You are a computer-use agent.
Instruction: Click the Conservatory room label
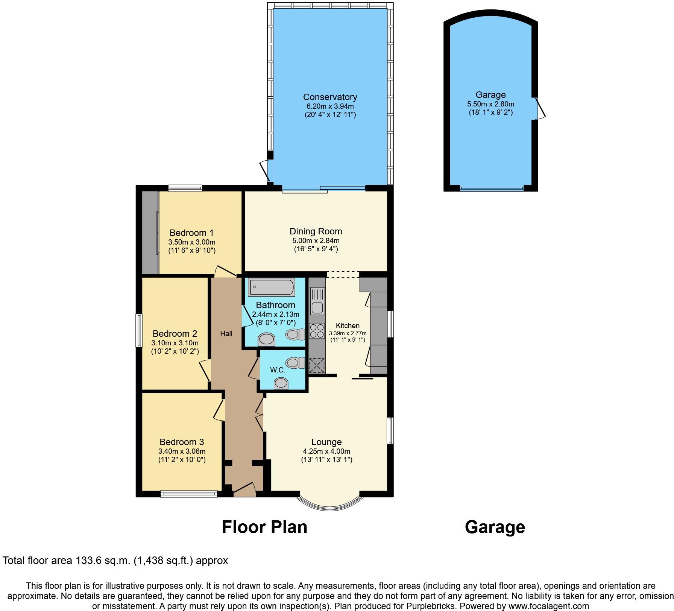[x=330, y=97]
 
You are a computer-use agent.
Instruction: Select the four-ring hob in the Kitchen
[x=317, y=331]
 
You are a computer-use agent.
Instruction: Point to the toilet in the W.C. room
[x=295, y=363]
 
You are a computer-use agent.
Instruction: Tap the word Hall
[x=226, y=333]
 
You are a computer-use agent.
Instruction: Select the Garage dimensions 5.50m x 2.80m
[x=490, y=104]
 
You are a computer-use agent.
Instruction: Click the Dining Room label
[x=316, y=231]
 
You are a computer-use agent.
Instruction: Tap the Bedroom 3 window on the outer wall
[x=189, y=494]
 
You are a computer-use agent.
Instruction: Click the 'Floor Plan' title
[x=264, y=527]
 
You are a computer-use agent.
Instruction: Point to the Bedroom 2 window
[x=139, y=331]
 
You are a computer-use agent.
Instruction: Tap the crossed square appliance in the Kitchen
[x=316, y=365]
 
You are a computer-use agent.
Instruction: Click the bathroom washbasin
[x=267, y=339]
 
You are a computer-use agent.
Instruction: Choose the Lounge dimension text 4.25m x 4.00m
[x=326, y=451]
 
